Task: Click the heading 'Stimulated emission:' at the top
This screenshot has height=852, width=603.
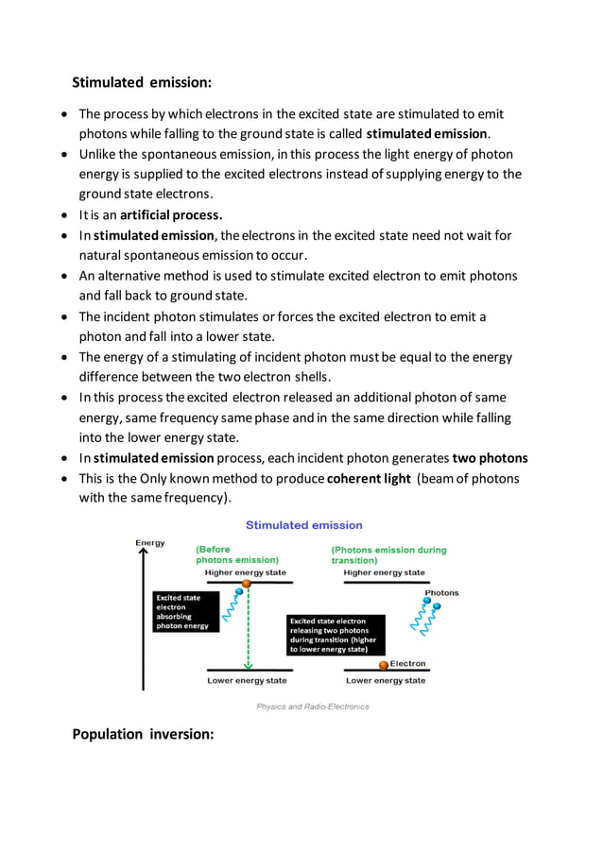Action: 143,82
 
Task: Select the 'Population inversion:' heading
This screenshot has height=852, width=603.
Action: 144,734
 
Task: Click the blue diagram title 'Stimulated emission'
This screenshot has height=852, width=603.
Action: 303,525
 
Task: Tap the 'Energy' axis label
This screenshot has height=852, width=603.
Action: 149,543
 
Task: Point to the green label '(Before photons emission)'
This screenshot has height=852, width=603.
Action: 236,554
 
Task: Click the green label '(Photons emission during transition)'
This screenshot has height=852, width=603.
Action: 388,554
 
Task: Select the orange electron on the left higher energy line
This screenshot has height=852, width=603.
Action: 247,584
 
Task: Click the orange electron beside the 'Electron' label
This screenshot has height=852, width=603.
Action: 384,665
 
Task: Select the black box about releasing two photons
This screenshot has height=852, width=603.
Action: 336,635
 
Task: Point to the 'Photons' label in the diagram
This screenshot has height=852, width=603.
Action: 441,593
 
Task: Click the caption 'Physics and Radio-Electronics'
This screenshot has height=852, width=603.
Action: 313,707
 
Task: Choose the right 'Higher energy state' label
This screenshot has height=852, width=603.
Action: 385,572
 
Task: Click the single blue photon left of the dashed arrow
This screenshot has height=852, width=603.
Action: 227,593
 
